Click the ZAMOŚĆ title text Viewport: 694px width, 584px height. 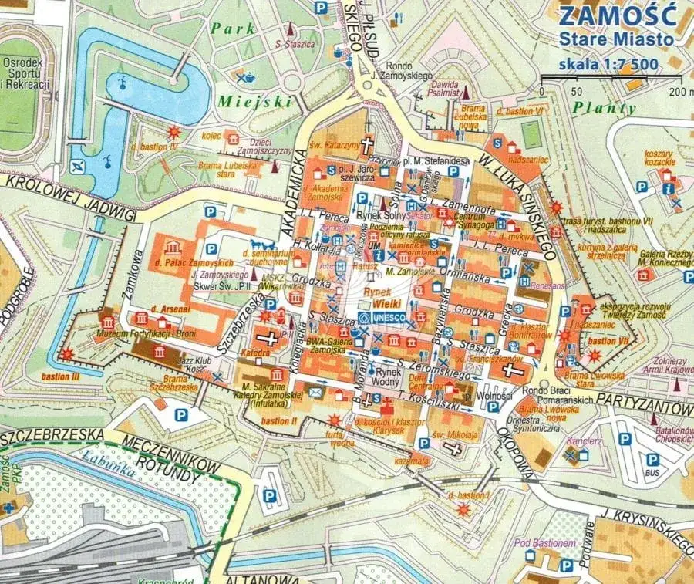tap(616, 15)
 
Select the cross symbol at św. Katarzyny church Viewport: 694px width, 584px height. tap(369, 145)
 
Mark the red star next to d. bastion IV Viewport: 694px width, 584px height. tap(176, 132)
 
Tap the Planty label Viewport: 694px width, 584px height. tap(605, 109)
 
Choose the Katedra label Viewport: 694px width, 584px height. tap(255, 353)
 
